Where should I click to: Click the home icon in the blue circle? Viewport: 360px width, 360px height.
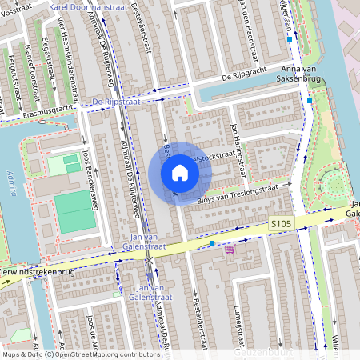180,174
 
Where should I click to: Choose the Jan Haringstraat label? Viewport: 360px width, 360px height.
234,139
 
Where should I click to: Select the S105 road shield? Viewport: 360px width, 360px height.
280,224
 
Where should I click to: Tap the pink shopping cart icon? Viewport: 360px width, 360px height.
230,249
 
